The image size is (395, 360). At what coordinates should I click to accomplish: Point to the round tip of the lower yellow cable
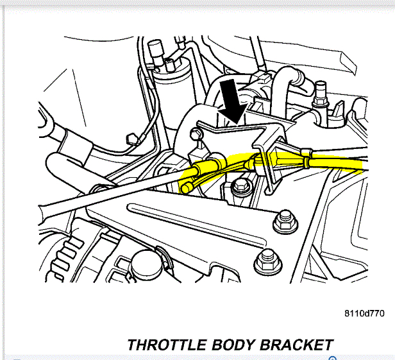pyautogui.click(x=186, y=188)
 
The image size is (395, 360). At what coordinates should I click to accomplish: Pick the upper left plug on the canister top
pyautogui.click(x=154, y=47)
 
